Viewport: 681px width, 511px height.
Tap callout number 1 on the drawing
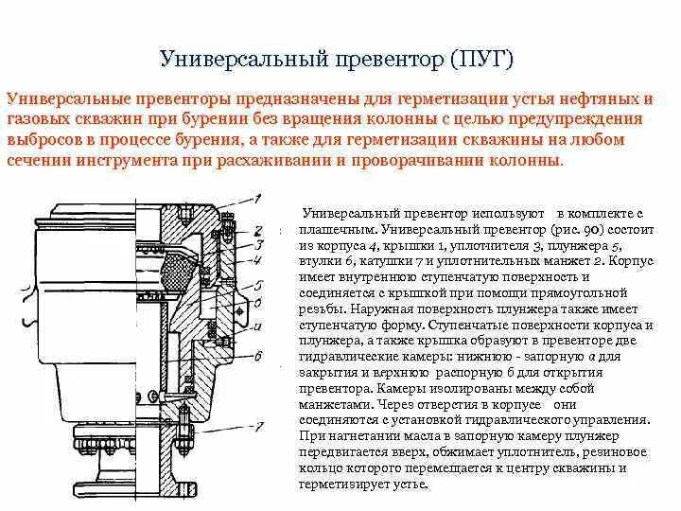point(255,199)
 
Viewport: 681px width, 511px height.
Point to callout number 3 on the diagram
point(255,243)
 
